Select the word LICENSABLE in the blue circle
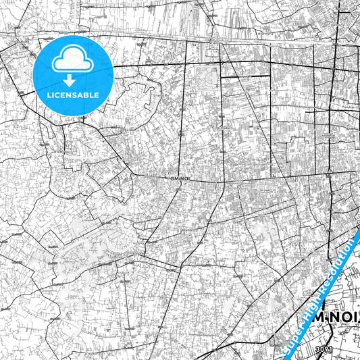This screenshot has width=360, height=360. (73, 95)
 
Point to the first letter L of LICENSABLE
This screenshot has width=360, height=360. (49, 95)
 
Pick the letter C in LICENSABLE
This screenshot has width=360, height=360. (59, 95)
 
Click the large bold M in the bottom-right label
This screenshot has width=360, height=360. (315, 332)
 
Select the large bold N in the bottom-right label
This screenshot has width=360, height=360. (331, 332)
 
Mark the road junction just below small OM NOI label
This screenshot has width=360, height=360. (180, 188)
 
